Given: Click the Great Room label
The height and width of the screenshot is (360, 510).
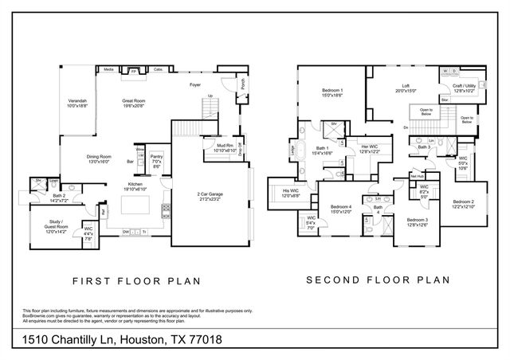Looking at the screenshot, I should point(133,101).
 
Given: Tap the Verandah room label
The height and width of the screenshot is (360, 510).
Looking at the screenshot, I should point(77,102).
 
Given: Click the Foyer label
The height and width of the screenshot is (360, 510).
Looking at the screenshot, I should point(194,84).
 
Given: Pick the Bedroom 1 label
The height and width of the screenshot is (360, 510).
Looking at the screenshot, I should point(331,92).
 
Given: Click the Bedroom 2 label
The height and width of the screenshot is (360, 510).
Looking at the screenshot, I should point(464,204).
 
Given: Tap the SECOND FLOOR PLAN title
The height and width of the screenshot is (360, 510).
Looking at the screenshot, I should point(378,280).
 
